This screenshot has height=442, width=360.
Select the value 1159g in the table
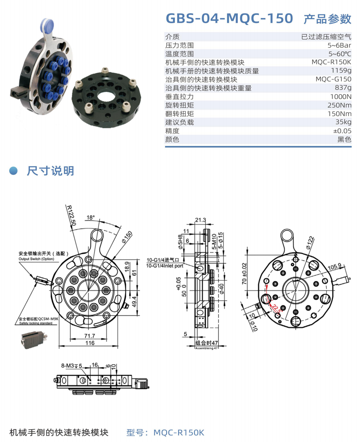click(x=341, y=71)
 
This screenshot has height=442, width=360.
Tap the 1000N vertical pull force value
click(x=341, y=96)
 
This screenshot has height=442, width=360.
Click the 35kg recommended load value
click(x=343, y=122)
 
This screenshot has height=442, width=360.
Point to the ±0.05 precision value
click(x=342, y=131)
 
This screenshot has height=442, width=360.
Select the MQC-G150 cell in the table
click(x=333, y=79)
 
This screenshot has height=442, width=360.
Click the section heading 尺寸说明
click(x=50, y=171)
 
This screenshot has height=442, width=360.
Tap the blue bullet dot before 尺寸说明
click(x=14, y=171)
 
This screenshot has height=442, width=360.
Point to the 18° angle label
click(x=90, y=217)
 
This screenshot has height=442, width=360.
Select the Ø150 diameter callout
click(x=127, y=237)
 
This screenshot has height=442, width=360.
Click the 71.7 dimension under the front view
click(x=90, y=336)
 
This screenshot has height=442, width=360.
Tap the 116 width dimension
click(x=90, y=343)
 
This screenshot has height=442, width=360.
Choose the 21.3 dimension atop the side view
click(x=200, y=220)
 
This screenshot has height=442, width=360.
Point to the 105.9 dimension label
click(x=334, y=267)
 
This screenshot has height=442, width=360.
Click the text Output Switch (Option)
click(x=36, y=259)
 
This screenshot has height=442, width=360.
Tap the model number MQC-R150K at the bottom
click(x=179, y=433)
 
